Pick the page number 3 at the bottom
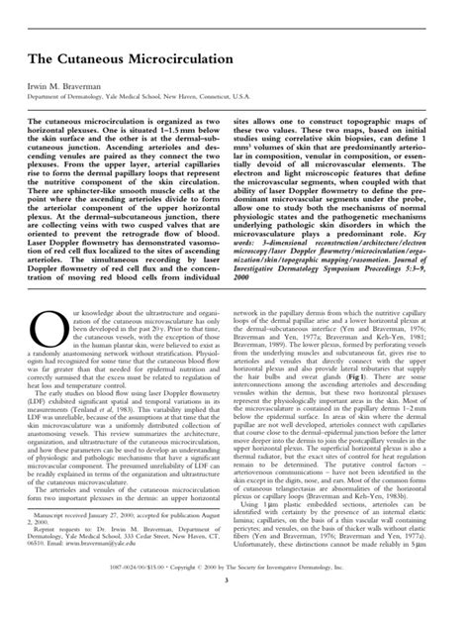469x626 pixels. point(234,607)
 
